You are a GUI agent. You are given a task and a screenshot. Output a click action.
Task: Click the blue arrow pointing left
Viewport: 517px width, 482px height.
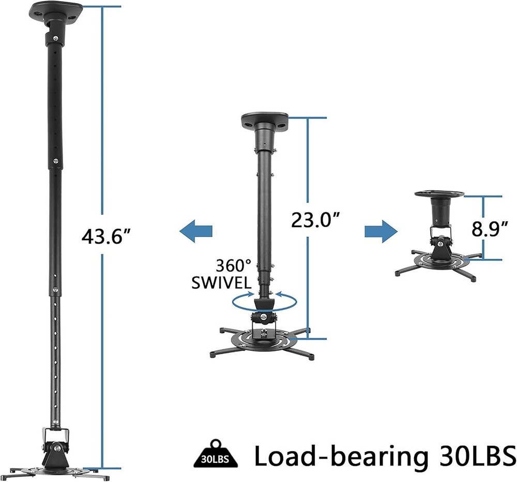tap(196, 230)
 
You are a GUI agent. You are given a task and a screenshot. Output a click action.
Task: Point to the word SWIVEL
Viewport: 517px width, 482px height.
tap(221, 283)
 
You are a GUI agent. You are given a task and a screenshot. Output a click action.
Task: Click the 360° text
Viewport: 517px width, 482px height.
tap(233, 266)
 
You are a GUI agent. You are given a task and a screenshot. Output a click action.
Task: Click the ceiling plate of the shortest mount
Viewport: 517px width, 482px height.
tap(439, 194)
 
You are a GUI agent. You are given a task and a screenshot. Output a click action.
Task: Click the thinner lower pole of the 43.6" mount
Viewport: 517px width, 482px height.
tap(55, 351)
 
